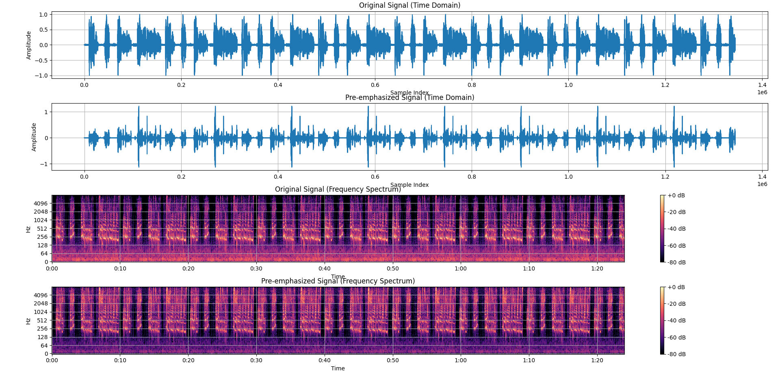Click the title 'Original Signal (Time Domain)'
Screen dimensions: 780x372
(409, 5)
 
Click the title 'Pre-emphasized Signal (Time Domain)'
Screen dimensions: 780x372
(409, 97)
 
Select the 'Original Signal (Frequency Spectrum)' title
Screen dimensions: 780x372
(338, 189)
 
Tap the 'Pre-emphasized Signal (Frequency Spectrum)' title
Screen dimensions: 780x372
(338, 281)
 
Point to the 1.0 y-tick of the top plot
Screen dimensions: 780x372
(43, 15)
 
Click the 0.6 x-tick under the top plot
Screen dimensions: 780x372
(375, 85)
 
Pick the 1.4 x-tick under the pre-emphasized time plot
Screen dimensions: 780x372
(762, 177)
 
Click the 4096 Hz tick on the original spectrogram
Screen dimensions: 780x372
(41, 203)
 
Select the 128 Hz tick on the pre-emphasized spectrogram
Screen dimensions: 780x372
(43, 337)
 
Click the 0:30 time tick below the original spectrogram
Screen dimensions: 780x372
(256, 268)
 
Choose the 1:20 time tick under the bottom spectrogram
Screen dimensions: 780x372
(597, 360)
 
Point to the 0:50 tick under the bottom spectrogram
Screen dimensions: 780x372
(393, 360)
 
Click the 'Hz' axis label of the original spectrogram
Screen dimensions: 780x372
(28, 229)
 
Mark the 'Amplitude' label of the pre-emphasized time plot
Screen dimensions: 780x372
(34, 137)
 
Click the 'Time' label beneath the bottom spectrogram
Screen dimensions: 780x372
(338, 368)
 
